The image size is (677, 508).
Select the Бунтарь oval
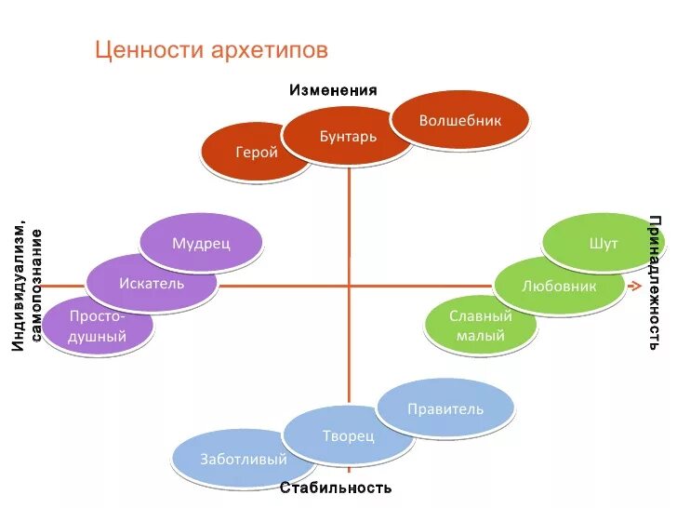point(349,137)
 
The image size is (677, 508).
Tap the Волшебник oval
point(460,121)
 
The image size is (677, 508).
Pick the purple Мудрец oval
point(201,243)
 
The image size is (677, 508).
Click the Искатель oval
point(152,283)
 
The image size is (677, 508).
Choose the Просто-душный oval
point(98,327)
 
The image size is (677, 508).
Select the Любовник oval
point(559,286)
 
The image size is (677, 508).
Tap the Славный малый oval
point(481,326)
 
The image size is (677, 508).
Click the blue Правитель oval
point(445,408)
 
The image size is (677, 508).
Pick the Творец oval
point(349,435)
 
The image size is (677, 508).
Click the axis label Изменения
point(333,90)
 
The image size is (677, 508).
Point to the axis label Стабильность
point(336,488)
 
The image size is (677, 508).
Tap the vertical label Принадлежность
point(655,282)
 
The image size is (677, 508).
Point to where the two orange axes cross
point(350,286)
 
